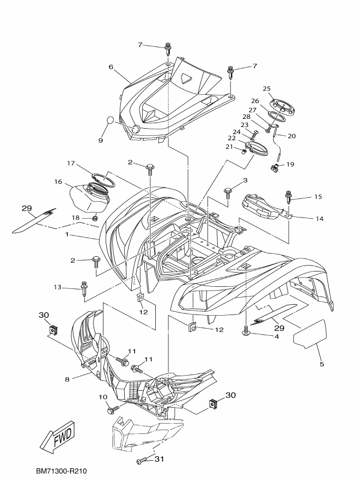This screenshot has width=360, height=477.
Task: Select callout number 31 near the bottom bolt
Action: click(x=159, y=459)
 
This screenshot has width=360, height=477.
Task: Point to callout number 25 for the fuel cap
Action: click(x=266, y=89)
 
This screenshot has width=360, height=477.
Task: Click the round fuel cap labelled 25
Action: click(x=283, y=108)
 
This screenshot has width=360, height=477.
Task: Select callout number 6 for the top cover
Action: click(x=111, y=67)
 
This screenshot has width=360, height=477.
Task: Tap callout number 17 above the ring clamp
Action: click(x=71, y=164)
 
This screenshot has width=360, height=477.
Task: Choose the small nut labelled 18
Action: click(x=95, y=218)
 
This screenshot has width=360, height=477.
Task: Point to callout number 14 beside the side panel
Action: click(x=320, y=219)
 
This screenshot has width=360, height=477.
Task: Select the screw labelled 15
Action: click(x=288, y=197)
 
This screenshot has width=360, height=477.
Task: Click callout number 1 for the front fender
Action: click(x=67, y=235)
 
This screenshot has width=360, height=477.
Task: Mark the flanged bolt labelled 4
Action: click(x=246, y=331)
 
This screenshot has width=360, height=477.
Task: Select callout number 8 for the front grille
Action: click(x=67, y=379)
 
